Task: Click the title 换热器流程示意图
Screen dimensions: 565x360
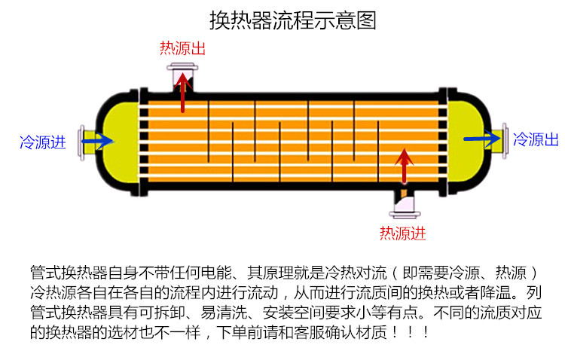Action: (x=293, y=20)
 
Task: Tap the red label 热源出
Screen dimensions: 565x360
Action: (x=182, y=48)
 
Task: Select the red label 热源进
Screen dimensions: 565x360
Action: (x=402, y=233)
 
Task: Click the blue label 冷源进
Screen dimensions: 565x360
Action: (x=43, y=142)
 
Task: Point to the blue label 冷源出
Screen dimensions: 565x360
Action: (x=536, y=139)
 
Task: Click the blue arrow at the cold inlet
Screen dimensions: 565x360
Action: (x=97, y=141)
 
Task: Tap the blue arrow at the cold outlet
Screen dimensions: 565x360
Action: (x=482, y=139)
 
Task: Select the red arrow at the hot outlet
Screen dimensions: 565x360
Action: (x=183, y=93)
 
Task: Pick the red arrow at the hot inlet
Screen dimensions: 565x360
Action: (x=405, y=166)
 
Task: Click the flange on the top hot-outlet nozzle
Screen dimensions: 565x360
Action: (x=182, y=67)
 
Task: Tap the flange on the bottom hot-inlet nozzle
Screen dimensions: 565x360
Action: (x=405, y=215)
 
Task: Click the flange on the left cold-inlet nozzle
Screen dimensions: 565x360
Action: (x=82, y=142)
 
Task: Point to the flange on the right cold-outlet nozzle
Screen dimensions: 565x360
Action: (x=505, y=141)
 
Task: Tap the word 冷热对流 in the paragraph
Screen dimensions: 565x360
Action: (x=356, y=273)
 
